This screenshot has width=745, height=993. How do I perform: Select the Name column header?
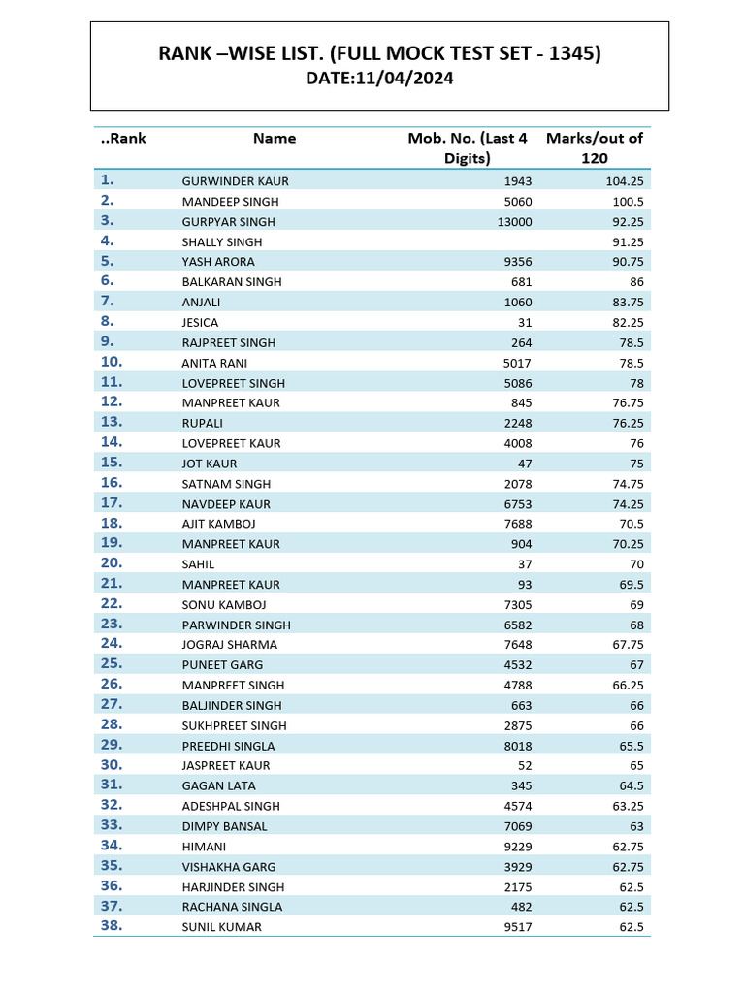275,138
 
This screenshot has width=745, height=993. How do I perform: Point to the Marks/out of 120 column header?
595,147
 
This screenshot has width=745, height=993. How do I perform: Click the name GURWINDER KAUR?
235,181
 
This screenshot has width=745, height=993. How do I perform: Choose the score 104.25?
624,181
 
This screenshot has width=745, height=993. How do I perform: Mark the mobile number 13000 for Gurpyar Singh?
514,222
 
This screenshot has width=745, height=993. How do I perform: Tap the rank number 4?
107,240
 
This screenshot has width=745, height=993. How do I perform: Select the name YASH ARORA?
218,262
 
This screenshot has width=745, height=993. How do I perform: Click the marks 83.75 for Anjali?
627,303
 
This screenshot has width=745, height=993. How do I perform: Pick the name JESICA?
200,322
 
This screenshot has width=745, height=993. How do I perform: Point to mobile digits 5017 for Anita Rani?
518,363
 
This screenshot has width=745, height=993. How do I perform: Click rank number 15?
112,463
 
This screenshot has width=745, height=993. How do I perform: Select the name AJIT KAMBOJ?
218,524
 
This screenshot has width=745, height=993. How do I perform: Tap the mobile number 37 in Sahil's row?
525,564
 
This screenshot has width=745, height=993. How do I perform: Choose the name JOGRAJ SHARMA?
229,645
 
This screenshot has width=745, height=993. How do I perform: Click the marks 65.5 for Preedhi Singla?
631,746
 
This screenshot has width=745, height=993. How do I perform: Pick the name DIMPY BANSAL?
224,826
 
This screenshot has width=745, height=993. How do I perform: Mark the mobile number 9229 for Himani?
518,847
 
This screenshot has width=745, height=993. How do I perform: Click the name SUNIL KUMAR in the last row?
221,927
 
